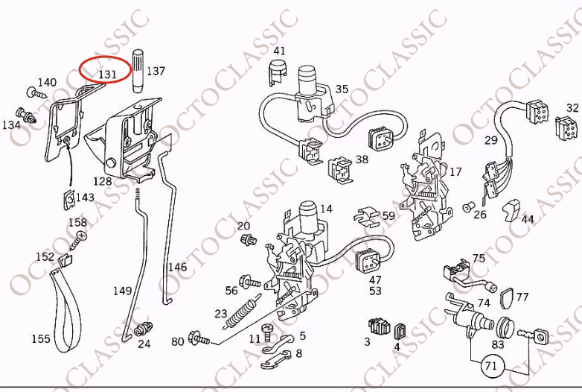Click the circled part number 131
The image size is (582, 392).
[107, 74]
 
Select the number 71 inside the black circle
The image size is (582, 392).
[491, 366]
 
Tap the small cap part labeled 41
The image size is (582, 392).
[278, 72]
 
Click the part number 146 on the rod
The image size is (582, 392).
[177, 267]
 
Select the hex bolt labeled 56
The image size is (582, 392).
[250, 282]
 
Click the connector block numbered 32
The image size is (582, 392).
[566, 127]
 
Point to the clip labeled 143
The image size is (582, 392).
[69, 200]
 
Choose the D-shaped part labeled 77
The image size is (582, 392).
[508, 298]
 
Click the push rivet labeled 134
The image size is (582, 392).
[26, 116]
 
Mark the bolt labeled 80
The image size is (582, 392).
[199, 338]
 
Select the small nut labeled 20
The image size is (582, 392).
[249, 240]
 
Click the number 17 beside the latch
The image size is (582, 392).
[455, 171]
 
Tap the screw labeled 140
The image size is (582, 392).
[36, 93]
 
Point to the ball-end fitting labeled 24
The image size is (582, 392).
[143, 329]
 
